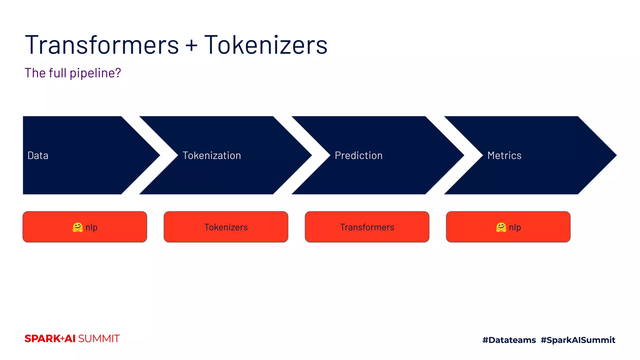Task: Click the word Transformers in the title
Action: coord(102,45)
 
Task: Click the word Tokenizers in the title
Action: coord(266,45)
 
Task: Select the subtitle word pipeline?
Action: coord(95,73)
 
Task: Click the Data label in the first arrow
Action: coord(38,155)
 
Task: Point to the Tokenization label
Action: coord(212,155)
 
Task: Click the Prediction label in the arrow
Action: coord(358,155)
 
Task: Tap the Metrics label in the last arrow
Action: coord(504,155)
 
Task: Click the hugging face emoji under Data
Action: coord(77,227)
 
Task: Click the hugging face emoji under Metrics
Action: coord(501,227)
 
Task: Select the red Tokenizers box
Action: coord(226,227)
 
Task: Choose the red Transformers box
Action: coord(367,227)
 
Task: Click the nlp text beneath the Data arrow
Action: coord(92,227)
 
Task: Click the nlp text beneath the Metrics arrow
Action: coord(515,227)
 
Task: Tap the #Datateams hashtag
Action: coord(509,340)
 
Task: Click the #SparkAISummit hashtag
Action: coord(577,340)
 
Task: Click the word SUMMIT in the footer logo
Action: coord(99,339)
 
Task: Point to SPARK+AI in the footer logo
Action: coord(50,339)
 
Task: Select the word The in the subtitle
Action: coord(35,73)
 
